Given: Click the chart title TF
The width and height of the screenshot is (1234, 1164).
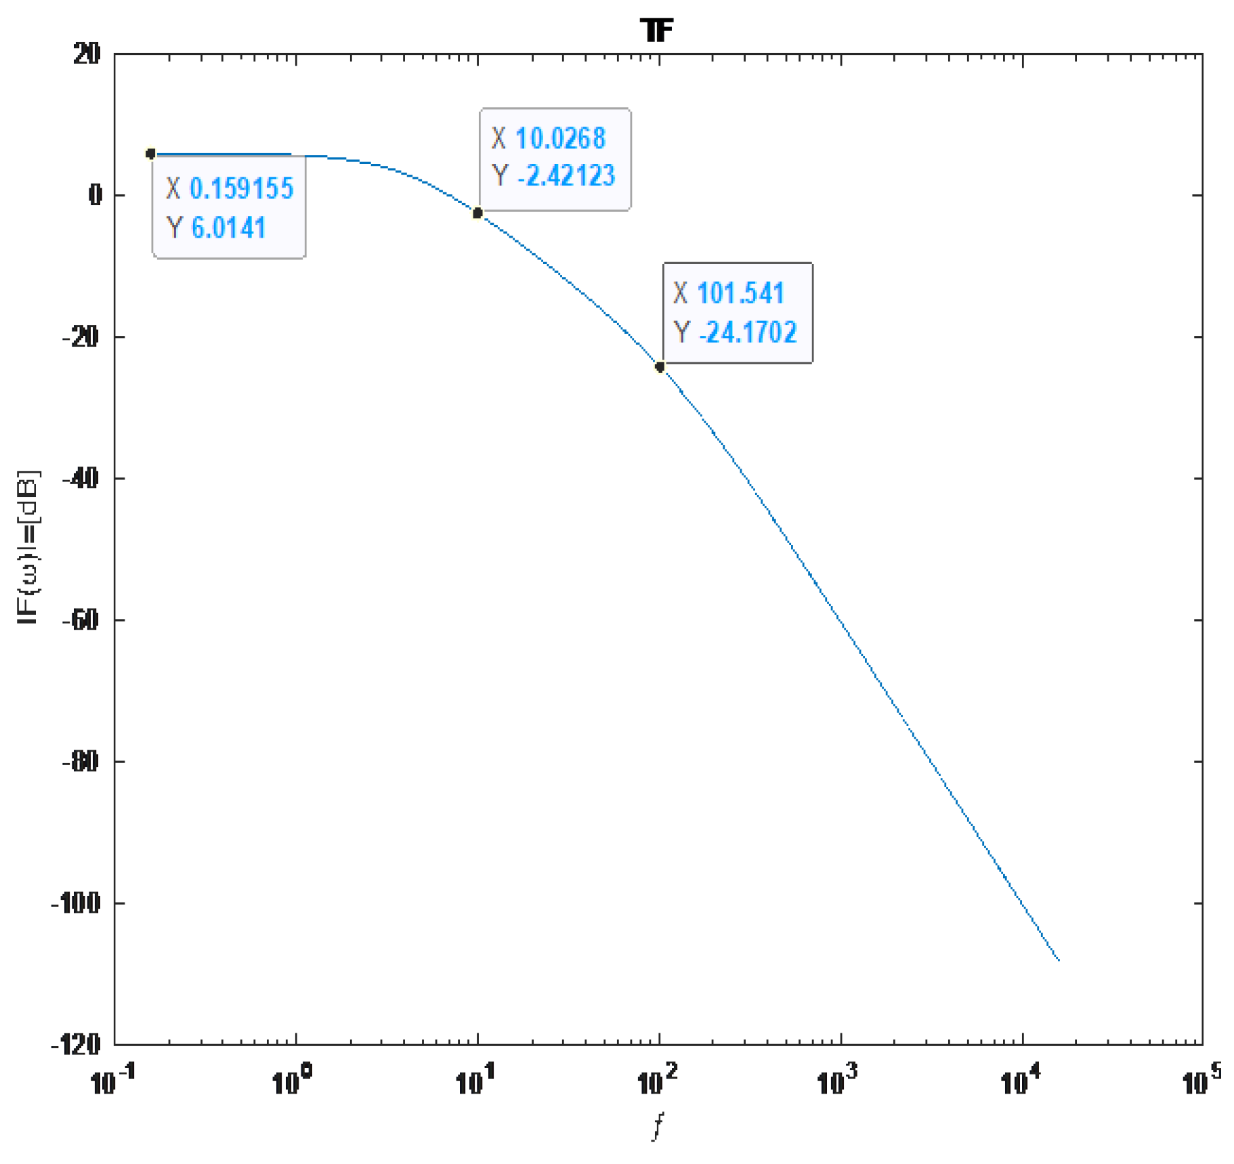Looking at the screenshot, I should (656, 30).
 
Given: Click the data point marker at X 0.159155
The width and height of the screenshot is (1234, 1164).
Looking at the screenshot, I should (151, 154).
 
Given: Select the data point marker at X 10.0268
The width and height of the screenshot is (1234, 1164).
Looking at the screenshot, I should (477, 213).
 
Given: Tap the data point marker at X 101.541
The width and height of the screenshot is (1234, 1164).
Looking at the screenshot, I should (660, 367).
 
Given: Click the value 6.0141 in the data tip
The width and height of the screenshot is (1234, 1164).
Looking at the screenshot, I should (228, 228).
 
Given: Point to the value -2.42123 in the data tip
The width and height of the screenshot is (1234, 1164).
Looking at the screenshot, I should (566, 175).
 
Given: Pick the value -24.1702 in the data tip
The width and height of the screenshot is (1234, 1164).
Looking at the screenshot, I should (748, 332).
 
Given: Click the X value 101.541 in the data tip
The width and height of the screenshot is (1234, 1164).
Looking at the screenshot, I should (740, 293).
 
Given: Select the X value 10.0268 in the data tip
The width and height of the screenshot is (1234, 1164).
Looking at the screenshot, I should (560, 138).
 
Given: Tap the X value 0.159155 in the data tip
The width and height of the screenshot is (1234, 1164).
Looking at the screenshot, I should (241, 188).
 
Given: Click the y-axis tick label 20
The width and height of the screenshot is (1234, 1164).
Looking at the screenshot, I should (87, 53).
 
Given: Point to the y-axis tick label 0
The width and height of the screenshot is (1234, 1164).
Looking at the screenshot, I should (95, 195).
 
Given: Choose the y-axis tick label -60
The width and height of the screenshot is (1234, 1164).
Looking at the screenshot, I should (81, 620).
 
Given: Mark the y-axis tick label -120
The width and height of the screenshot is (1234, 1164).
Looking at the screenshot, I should (76, 1044).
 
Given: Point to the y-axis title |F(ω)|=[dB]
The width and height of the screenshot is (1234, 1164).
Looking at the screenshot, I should (28, 547).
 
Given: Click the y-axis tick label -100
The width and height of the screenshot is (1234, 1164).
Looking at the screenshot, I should (76, 903).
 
